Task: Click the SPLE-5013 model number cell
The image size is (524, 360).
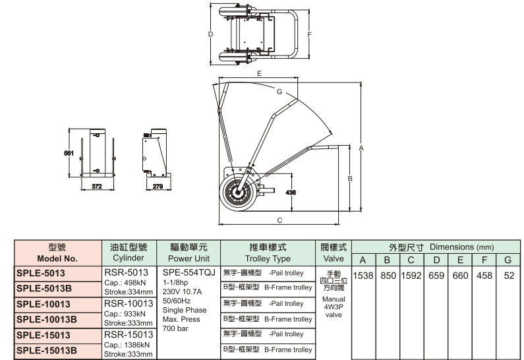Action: (41, 272)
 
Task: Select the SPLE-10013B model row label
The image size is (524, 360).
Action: (46, 319)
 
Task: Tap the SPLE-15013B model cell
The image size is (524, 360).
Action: (46, 350)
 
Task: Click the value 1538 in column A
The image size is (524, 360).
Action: (364, 274)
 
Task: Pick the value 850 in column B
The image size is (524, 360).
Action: (387, 274)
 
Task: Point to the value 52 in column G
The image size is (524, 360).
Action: (508, 274)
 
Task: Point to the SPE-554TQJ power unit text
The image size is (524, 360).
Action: (189, 272)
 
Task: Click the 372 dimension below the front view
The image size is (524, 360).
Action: (98, 187)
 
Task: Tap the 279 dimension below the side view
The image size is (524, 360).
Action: (158, 187)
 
